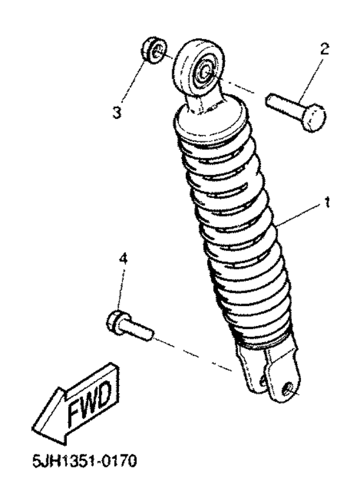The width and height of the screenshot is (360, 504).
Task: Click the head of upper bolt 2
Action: tap(313, 120)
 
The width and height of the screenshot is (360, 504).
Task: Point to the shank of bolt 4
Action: tap(138, 329)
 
